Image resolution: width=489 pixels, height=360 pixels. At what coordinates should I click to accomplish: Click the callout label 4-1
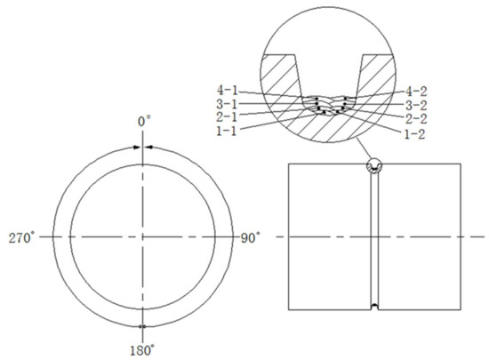coord(225,90)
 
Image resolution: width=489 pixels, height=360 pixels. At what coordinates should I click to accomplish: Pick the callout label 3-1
coord(225,103)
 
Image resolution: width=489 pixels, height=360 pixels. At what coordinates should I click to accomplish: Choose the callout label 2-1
coord(225,116)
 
